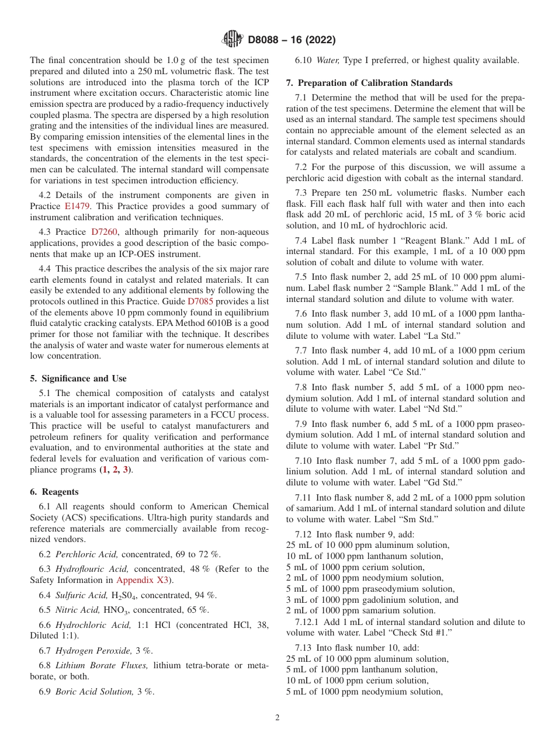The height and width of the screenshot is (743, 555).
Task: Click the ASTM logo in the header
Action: click(x=233, y=40)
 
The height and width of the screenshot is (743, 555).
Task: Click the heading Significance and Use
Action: click(x=83, y=379)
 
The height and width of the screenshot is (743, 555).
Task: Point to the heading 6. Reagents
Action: click(x=54, y=492)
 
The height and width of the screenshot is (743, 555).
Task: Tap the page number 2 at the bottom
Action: click(x=277, y=718)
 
